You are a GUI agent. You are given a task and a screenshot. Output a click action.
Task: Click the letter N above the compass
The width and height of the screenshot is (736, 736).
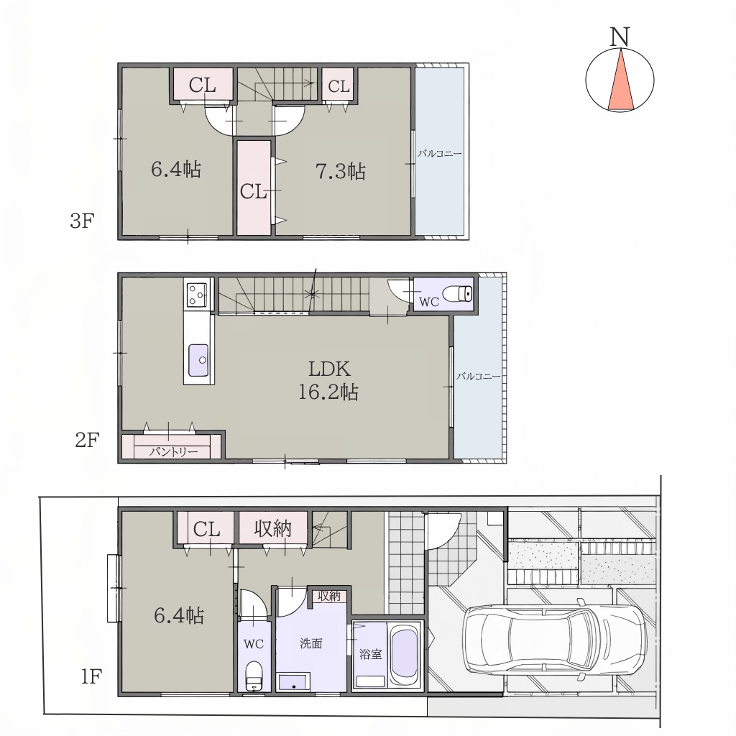[620, 37]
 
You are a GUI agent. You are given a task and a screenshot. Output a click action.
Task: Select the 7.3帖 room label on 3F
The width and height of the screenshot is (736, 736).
[340, 171]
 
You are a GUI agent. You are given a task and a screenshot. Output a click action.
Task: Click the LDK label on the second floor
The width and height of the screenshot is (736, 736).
[329, 369]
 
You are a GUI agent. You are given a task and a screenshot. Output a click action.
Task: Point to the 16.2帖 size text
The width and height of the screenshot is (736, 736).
[328, 392]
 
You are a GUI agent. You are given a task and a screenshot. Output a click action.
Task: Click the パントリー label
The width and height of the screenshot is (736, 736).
[174, 451]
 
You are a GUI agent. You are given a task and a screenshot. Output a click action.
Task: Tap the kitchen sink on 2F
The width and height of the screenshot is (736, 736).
[198, 360]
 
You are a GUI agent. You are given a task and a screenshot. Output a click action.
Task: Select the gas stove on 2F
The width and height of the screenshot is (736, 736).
[197, 294]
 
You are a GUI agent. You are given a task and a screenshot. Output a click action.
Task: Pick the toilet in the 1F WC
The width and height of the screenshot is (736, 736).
[254, 676]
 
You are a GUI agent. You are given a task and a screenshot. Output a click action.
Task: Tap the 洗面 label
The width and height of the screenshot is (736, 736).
[310, 643]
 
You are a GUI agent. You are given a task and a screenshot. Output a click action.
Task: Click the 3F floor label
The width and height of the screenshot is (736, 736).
[83, 221]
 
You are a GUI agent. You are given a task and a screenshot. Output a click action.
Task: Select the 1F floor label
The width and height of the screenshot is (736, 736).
[91, 677]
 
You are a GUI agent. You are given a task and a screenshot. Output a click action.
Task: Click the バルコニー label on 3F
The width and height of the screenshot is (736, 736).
[440, 154]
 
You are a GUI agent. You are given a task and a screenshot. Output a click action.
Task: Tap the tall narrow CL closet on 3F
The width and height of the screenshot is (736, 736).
[254, 188]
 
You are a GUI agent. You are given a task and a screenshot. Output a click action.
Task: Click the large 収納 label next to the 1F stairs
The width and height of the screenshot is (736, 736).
[273, 528]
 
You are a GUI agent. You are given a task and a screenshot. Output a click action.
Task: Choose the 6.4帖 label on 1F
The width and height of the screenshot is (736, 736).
[179, 615]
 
